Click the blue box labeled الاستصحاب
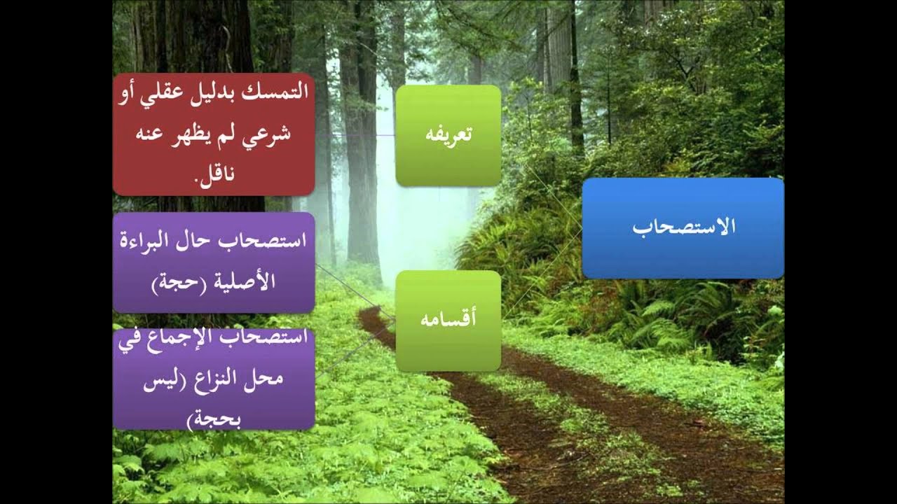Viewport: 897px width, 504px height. tap(683, 228)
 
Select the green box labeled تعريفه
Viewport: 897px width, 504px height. tap(448, 135)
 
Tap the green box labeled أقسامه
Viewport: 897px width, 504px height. tap(448, 321)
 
